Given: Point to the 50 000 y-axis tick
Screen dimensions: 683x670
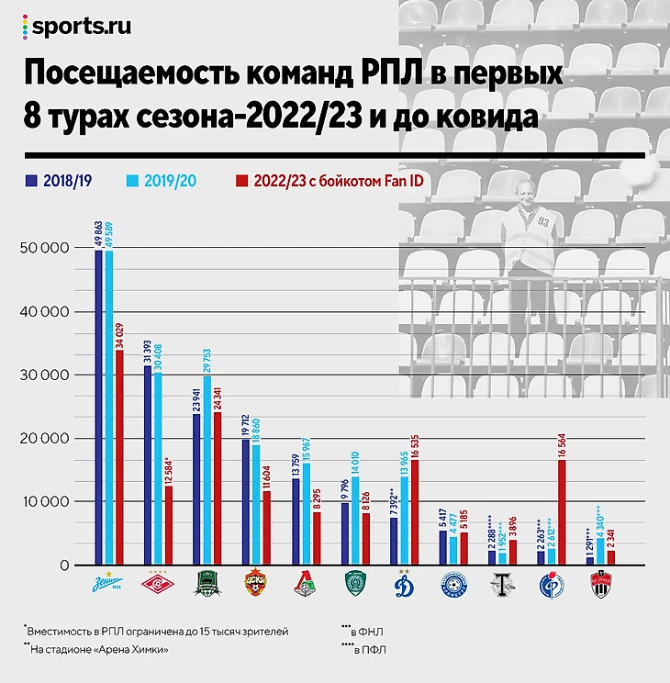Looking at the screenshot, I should pos(45,249).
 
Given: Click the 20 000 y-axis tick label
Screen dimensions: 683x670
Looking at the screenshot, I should pos(45,439).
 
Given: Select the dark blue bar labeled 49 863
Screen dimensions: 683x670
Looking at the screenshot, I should pos(98,408).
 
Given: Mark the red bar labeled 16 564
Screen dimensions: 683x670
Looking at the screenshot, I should pos(562,512).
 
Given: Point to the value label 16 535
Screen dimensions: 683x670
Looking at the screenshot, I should pos(414,432).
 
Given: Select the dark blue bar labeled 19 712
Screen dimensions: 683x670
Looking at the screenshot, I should pos(245,502).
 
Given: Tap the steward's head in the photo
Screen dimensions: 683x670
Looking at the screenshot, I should pos(525,190).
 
